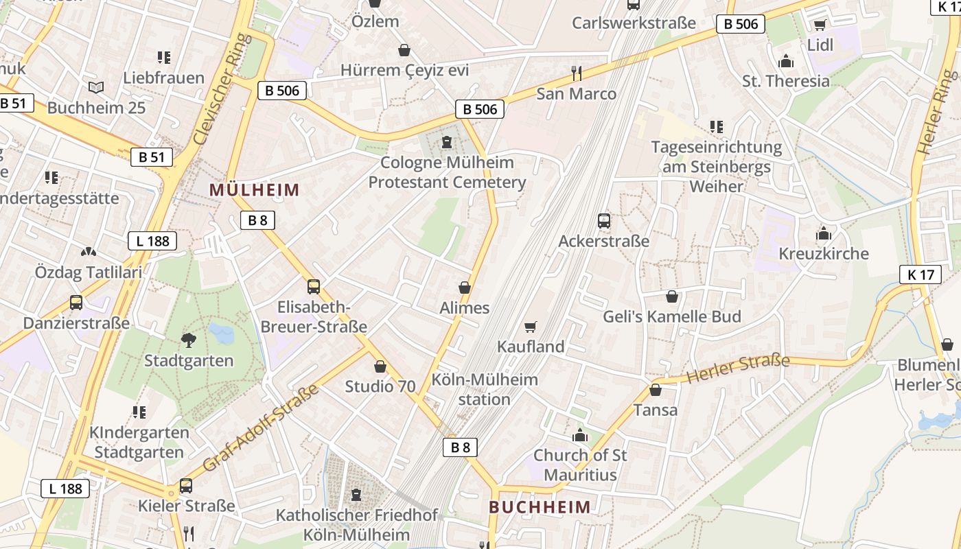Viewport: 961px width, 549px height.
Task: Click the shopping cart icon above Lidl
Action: pyautogui.click(x=819, y=25)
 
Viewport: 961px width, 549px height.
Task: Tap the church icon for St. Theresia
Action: pyautogui.click(x=786, y=62)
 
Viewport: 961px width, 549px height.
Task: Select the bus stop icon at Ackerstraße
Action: pyautogui.click(x=604, y=221)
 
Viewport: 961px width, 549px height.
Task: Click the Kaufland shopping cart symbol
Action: pyautogui.click(x=530, y=327)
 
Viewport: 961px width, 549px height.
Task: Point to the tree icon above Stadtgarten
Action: pyautogui.click(x=188, y=340)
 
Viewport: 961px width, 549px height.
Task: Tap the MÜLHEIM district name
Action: pyautogui.click(x=255, y=190)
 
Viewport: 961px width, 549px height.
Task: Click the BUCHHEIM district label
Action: pyautogui.click(x=540, y=507)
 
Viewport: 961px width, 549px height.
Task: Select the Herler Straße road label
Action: pyautogui.click(x=738, y=369)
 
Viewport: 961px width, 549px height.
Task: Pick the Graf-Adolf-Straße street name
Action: pyautogui.click(x=262, y=428)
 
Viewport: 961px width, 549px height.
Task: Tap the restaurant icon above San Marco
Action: pyautogui.click(x=577, y=73)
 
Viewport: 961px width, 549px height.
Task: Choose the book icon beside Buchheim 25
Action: pyautogui.click(x=96, y=88)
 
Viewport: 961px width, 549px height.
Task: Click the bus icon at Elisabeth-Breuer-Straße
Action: pyautogui.click(x=314, y=287)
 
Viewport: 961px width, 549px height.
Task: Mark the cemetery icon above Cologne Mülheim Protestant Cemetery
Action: pyautogui.click(x=448, y=142)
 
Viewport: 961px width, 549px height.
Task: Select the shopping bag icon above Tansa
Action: pyautogui.click(x=656, y=390)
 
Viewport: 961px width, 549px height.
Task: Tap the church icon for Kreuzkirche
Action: pyautogui.click(x=824, y=233)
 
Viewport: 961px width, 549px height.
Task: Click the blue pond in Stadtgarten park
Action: pyautogui.click(x=222, y=334)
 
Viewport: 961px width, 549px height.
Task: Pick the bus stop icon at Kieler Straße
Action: pyautogui.click(x=186, y=486)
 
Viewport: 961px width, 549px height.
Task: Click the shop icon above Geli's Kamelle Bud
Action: pyautogui.click(x=672, y=296)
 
